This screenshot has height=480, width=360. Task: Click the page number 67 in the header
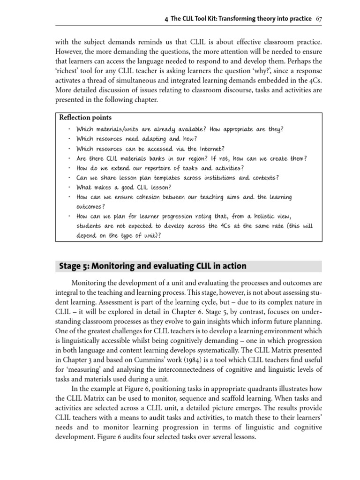[319, 18]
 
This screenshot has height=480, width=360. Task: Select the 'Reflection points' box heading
[85, 118]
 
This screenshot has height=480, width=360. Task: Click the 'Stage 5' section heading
[152, 266]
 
